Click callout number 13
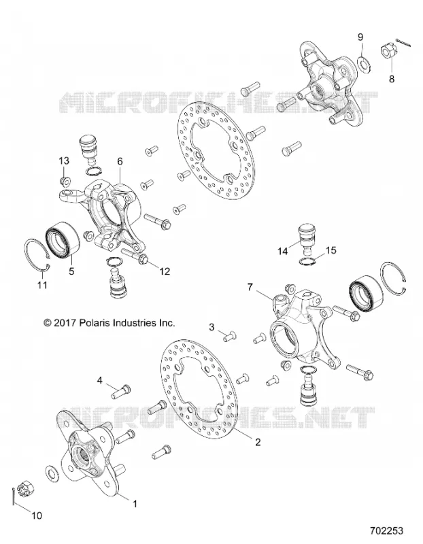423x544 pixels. (x=64, y=161)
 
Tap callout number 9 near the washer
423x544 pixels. (x=360, y=37)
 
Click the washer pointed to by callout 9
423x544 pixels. (x=362, y=63)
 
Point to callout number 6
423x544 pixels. (x=120, y=161)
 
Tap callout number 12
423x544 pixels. (x=165, y=271)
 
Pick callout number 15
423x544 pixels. (x=331, y=250)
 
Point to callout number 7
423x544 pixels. (x=251, y=287)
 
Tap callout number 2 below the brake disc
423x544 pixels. (x=258, y=442)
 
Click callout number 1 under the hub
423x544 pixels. (x=135, y=503)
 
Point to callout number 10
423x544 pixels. (x=37, y=515)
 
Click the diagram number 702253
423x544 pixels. (x=386, y=531)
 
